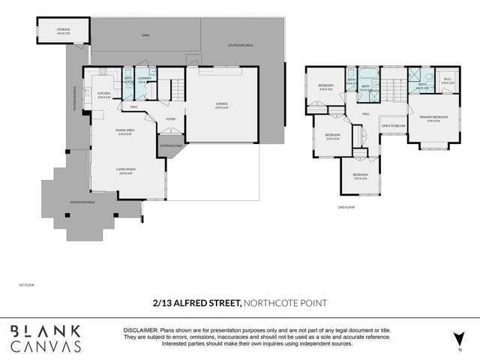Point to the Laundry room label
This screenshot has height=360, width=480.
coord(145,79)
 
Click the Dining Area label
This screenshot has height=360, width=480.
coord(124,133)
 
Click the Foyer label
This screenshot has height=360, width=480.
coord(170,118)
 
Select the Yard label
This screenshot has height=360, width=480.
coord(146,34)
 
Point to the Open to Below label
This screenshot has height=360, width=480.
coord(393,126)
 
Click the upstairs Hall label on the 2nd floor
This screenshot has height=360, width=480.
coord(365,113)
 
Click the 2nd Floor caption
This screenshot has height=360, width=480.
coord(345,205)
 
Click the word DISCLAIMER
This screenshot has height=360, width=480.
coord(139,330)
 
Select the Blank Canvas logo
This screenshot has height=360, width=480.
coord(46,337)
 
